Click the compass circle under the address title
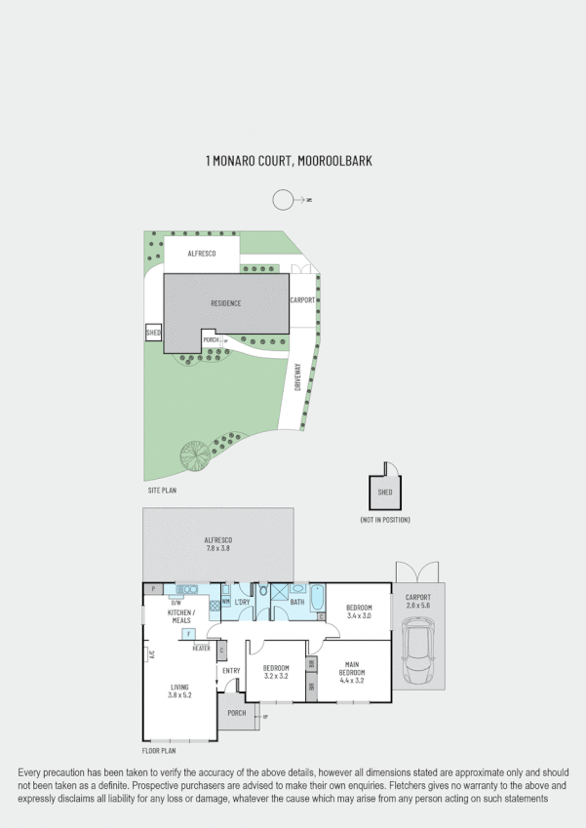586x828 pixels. [x=282, y=200]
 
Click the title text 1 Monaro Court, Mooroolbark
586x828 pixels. [x=276, y=160]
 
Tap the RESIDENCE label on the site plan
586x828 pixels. [x=225, y=303]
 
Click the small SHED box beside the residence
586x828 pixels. [x=153, y=334]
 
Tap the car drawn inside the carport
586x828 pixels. [x=418, y=655]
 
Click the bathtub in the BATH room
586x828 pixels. [x=317, y=597]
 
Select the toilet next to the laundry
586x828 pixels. [x=263, y=590]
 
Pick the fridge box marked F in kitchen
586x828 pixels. [x=187, y=634]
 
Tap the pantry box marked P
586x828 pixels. [x=152, y=589]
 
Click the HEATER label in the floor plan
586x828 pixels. [x=202, y=648]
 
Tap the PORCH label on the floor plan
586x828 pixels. [x=236, y=713]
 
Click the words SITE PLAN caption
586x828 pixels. [x=161, y=490]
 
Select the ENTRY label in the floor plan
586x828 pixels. [x=231, y=670]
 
